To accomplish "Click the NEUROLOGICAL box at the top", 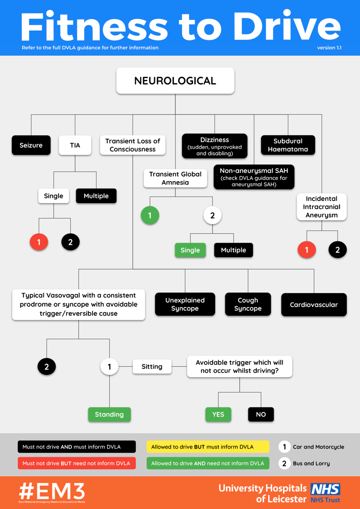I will point(175,80).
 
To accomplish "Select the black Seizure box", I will point(31,145).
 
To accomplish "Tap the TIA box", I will point(75,145).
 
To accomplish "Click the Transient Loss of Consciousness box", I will point(133,145).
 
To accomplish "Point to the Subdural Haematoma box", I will point(288,145).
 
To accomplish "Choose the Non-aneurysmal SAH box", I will point(254,176).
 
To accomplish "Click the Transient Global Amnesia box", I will point(175,178).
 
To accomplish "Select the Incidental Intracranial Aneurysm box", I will point(321,207).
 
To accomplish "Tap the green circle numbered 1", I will point(150,215).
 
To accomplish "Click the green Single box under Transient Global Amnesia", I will point(190,250).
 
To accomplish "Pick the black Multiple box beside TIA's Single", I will point(96,196).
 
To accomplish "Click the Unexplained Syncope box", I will point(185,305).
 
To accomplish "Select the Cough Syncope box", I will point(248,305).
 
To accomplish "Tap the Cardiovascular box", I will point(314,305).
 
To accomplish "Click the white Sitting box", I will point(152,366).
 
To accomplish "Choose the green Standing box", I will point(109,414).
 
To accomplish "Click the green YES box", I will point(218,414).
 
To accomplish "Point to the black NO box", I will point(261,414).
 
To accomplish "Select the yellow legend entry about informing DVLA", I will point(208,447).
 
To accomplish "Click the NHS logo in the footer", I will point(326,489).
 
